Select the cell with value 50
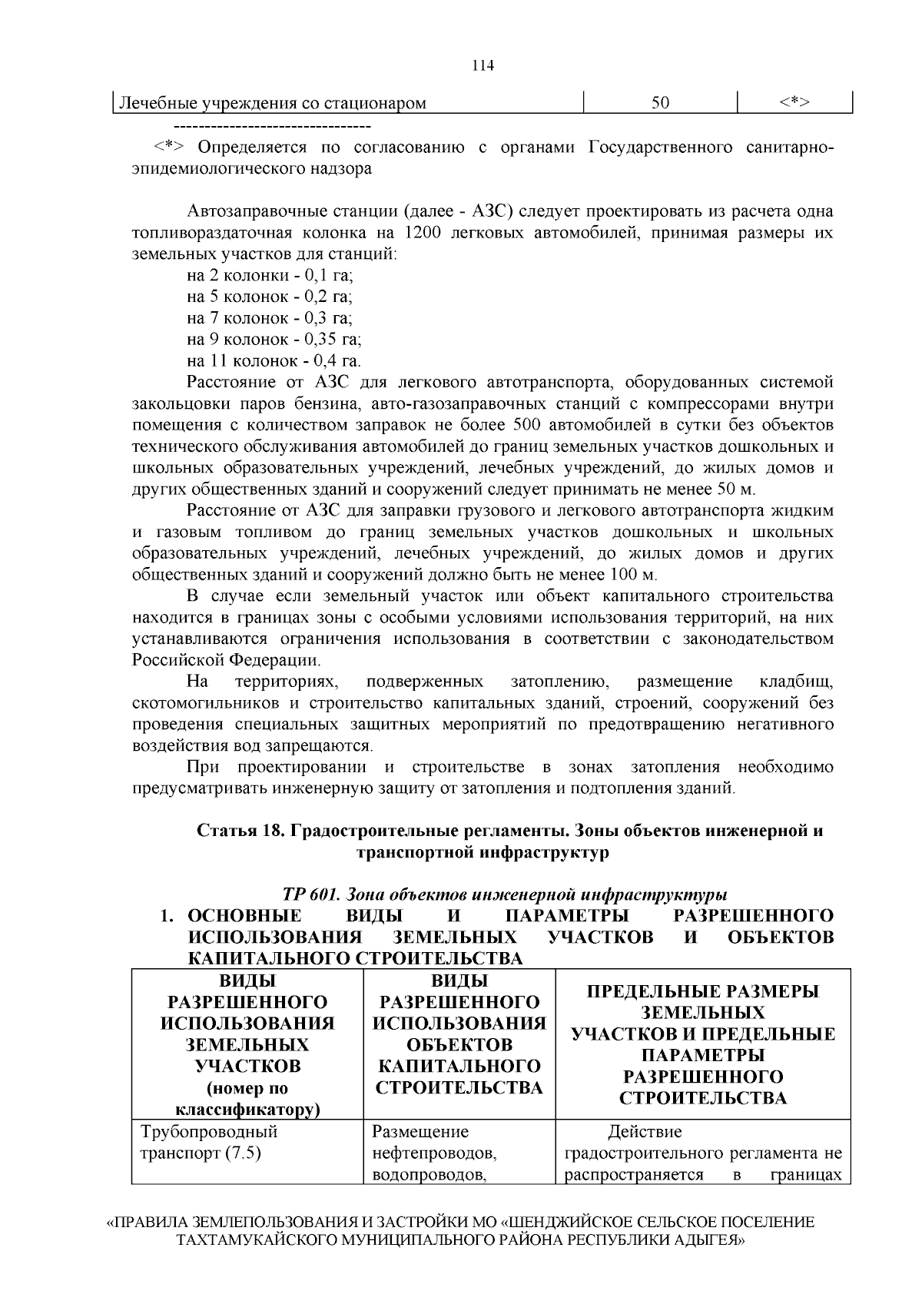point(660,103)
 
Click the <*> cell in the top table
point(794,103)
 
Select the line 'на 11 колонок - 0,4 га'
point(274,360)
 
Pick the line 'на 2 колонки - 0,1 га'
point(269,275)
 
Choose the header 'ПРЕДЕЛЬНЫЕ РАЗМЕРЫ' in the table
point(703,991)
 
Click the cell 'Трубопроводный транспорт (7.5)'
point(208,1142)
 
